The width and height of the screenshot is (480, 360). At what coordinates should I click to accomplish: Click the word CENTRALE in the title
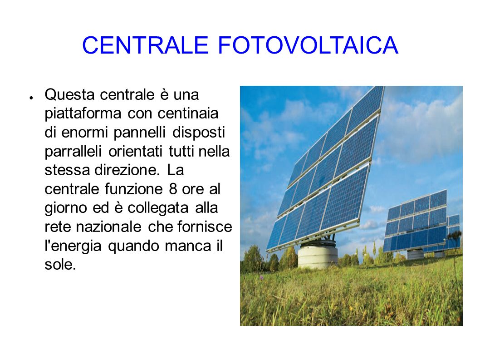(x=146, y=45)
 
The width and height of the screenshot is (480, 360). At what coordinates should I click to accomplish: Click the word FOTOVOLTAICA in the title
(x=308, y=45)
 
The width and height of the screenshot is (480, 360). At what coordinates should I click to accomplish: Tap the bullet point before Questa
(x=31, y=98)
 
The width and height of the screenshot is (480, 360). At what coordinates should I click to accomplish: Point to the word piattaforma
(x=83, y=114)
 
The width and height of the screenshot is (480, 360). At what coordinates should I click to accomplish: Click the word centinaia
(x=188, y=113)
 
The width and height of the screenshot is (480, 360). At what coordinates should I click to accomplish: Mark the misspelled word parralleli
(x=73, y=151)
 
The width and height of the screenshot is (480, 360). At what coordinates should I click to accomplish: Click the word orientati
(x=135, y=151)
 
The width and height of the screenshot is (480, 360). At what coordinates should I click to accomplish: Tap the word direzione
(x=127, y=170)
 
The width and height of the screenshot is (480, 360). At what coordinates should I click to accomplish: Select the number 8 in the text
(x=173, y=189)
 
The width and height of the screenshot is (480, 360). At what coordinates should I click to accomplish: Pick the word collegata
(x=157, y=209)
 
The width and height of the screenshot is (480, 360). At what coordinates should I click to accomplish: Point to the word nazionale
(x=108, y=227)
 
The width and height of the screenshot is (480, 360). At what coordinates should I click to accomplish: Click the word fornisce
(x=205, y=227)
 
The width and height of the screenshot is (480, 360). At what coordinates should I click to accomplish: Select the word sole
(x=60, y=265)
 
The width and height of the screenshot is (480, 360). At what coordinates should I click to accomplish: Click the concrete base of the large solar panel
(x=317, y=256)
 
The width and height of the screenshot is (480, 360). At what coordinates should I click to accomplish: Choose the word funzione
(x=133, y=189)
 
